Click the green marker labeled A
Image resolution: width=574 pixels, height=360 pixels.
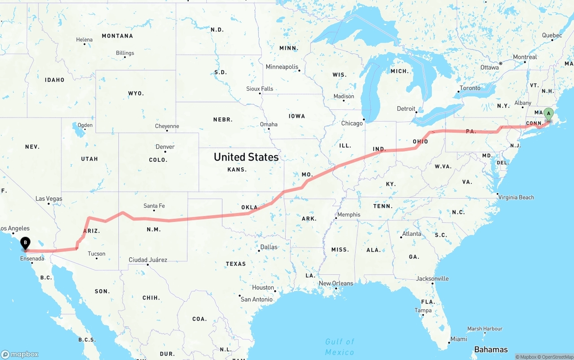pos(548,114)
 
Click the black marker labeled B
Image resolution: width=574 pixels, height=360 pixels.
pos(26,243)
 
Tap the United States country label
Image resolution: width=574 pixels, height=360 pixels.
pos(246,157)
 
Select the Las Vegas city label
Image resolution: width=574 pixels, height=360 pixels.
pos(49,199)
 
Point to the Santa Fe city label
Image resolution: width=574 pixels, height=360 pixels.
pos(154,206)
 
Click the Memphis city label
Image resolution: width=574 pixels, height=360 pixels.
pos(348,214)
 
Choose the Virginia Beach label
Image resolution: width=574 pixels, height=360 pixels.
pos(516,197)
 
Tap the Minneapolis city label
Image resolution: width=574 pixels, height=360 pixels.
pos(282,67)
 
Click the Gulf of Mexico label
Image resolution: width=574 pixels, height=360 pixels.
pos(340,347)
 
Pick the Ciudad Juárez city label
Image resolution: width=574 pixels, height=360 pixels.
pos(148,260)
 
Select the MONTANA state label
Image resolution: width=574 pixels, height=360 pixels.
pos(117,36)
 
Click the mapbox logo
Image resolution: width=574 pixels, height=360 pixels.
pos(20,354)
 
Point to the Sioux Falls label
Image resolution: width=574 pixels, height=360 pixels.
pos(260,89)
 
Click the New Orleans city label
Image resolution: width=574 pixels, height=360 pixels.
pos(335,283)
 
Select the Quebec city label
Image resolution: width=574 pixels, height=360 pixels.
pos(552,35)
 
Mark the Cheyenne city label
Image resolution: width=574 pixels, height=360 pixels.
pos(167,126)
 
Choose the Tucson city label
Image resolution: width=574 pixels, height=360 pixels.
pos(96,254)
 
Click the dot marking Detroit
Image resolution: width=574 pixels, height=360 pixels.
pos(417,112)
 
